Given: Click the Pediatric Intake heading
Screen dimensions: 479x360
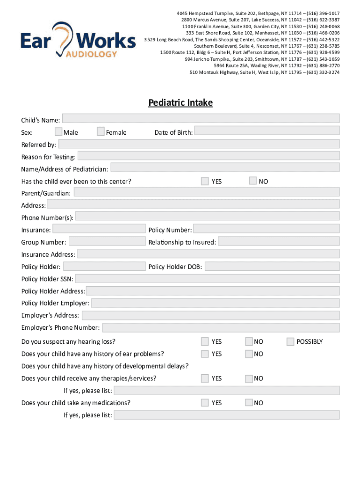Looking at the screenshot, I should [180, 102].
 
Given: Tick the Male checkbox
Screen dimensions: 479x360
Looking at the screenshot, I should [58, 131].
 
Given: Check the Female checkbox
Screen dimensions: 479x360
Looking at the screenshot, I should [101, 131].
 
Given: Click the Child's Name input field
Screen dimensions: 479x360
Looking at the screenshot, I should [201, 118].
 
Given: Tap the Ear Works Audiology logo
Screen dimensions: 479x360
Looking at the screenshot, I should [78, 41].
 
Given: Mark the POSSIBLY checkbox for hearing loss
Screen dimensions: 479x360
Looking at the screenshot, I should [290, 341].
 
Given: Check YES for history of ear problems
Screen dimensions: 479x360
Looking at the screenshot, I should [205, 354].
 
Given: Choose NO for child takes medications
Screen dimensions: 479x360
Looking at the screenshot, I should [249, 402].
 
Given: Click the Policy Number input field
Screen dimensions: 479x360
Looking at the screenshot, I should [266, 229].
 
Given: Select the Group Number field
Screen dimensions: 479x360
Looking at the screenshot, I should [107, 241].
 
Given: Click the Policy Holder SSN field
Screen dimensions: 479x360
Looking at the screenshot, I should [207, 278].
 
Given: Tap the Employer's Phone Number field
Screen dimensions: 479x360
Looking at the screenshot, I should [221, 327].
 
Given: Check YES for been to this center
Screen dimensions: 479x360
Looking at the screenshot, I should [205, 181].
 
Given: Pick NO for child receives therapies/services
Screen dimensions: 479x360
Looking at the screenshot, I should [249, 378].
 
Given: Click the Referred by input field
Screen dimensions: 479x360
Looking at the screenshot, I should [199, 144].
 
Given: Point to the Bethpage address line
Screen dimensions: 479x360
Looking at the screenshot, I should [255, 14].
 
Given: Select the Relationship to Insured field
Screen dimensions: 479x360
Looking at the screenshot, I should [279, 241].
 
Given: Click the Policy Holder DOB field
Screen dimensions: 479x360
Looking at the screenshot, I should [272, 266].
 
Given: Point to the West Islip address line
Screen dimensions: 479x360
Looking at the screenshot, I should [265, 73].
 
